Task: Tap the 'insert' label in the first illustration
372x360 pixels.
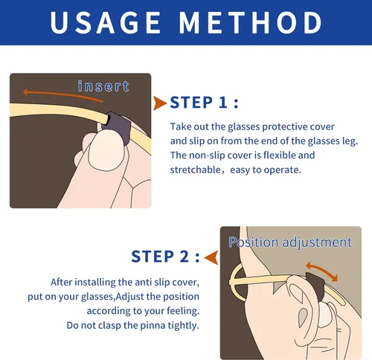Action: point(103,86)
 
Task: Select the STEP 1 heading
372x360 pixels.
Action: point(205,103)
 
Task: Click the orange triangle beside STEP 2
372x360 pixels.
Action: point(211,257)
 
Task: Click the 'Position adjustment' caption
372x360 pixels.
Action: point(289,242)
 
